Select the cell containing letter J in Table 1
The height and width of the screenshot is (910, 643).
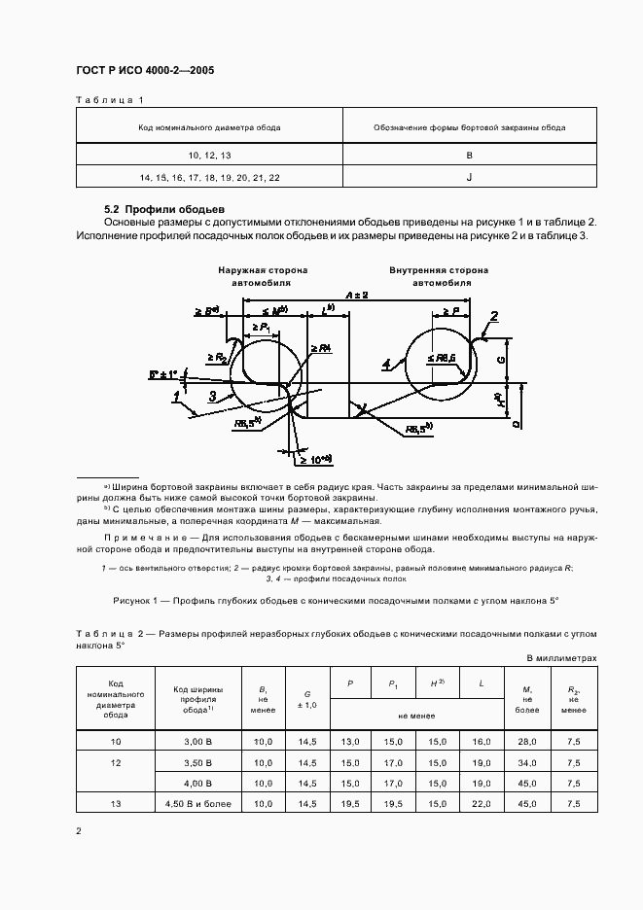469,177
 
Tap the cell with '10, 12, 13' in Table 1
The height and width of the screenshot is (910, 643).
209,156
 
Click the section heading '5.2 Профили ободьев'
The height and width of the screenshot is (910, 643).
164,209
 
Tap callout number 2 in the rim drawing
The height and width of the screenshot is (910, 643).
494,316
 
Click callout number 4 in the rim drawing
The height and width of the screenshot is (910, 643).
386,365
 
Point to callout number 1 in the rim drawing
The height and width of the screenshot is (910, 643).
177,396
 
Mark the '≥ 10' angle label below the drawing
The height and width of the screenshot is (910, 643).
315,458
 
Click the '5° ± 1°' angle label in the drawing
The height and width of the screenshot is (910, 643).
164,373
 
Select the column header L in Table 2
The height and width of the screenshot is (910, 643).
482,684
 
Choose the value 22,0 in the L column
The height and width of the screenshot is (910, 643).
482,803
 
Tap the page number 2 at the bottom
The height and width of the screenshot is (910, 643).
79,831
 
